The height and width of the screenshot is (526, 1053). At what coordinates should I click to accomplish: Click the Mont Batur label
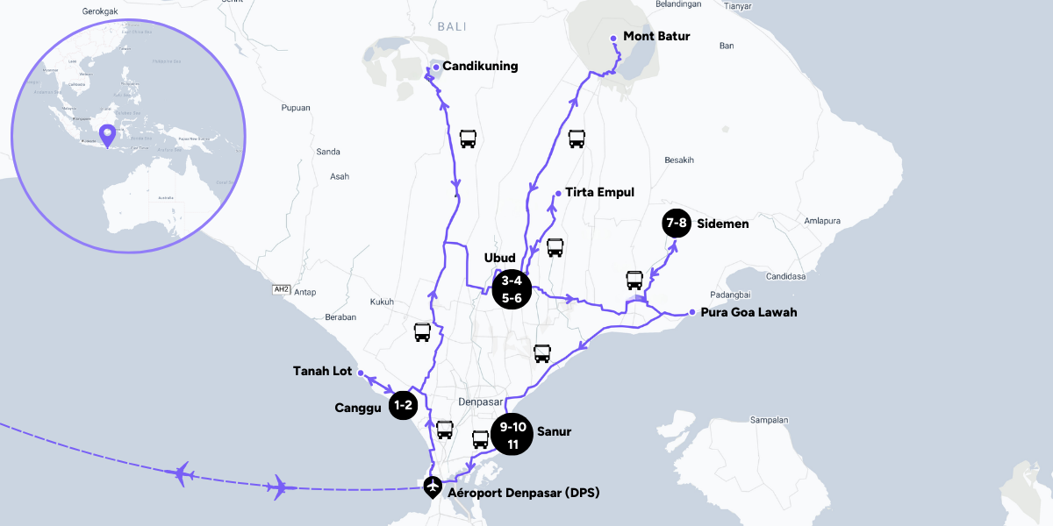[656, 37]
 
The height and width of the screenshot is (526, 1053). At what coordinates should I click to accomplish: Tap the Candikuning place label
[480, 66]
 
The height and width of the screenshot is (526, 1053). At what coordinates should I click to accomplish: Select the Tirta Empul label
[599, 192]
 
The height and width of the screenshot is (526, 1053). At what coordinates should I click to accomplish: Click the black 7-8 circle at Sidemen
[677, 224]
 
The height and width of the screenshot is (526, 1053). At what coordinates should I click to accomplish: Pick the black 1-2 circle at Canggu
[403, 405]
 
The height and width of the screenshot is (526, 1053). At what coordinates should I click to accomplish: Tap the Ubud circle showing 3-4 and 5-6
[512, 289]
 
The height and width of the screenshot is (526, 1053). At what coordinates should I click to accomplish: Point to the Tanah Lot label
[322, 372]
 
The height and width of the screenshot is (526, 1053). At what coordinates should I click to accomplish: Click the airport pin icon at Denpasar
[432, 487]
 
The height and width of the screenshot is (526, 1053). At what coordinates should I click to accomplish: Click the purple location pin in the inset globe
[107, 135]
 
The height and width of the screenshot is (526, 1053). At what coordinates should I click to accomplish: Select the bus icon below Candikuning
[469, 139]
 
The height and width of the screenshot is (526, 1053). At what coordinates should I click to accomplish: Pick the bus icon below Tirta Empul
[555, 247]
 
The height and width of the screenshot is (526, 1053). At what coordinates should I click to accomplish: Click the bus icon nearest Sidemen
[634, 281]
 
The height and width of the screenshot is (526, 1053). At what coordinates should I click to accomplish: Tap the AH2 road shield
[282, 288]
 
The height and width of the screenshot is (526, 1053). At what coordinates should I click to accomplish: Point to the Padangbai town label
[732, 295]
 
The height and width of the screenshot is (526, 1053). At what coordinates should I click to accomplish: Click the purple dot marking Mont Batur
[613, 38]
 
